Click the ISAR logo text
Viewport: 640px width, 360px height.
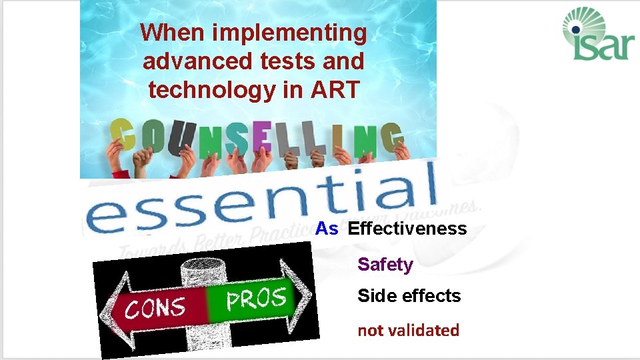point(600,45)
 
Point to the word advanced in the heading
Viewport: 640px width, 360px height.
point(196,61)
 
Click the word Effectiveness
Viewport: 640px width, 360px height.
point(407,229)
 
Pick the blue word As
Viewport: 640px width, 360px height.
point(327,229)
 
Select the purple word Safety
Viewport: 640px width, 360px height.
point(385,265)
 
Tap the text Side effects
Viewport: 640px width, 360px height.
point(409,295)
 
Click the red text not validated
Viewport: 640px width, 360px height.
point(408,330)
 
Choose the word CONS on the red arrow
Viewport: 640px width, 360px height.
point(156,307)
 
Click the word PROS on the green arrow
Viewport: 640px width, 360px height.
point(256,298)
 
